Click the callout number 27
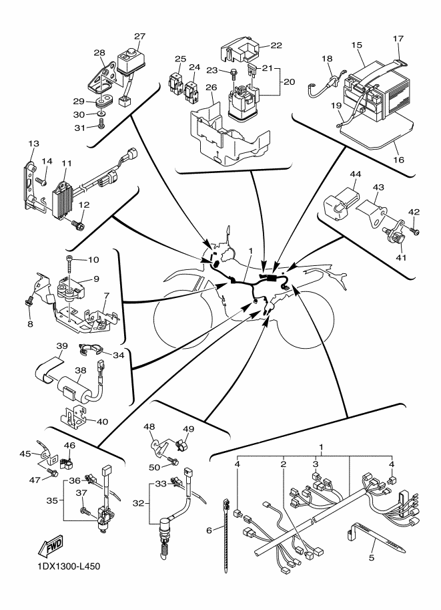[x=139, y=36]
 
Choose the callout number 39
[x=63, y=346]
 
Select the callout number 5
[x=372, y=555]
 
